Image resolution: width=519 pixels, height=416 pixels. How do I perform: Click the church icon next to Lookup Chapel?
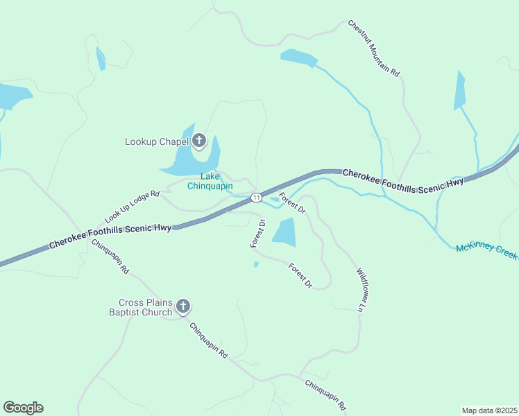tap(199, 142)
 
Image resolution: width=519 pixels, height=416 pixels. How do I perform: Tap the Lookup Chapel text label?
tap(157, 142)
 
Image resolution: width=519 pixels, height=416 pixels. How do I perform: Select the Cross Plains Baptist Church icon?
tap(183, 306)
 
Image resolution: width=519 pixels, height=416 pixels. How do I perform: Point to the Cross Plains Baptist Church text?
tap(145, 307)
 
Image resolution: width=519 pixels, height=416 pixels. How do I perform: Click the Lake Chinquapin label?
tap(210, 181)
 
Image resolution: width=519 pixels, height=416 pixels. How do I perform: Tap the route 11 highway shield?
tap(256, 198)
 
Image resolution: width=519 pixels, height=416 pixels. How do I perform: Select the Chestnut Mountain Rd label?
tap(374, 47)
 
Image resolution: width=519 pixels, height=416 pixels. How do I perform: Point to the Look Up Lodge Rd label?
tap(132, 207)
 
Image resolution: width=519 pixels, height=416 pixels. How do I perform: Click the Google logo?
tap(23, 408)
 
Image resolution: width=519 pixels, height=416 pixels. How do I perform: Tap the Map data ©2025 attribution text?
tap(490, 410)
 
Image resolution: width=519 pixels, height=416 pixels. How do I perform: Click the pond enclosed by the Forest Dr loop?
tap(284, 232)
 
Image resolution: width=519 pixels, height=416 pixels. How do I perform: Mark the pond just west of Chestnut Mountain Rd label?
tap(298, 58)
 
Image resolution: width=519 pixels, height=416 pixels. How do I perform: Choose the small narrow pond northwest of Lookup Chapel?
tap(101, 59)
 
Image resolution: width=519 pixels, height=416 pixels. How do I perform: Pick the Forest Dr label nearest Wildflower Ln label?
tap(300, 275)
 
